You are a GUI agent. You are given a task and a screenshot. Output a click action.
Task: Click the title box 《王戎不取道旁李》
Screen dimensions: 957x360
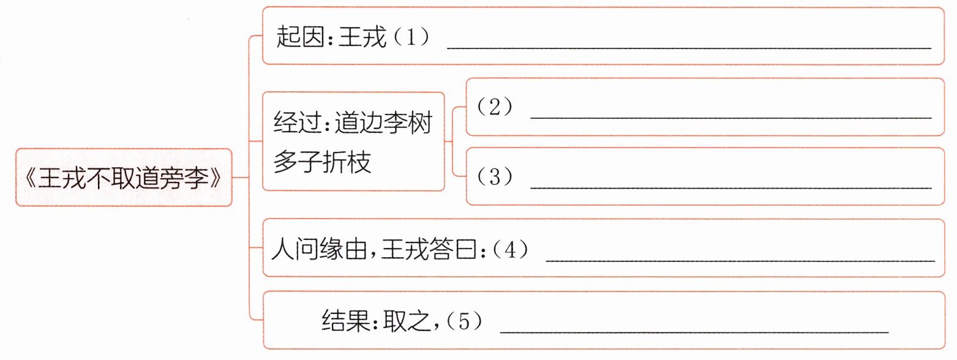124,178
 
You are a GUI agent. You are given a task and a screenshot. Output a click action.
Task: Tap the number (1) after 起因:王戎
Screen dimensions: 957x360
411,37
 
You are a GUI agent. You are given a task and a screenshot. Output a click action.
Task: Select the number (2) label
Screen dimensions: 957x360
494,107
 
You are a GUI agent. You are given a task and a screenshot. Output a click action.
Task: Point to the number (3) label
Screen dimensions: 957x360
494,176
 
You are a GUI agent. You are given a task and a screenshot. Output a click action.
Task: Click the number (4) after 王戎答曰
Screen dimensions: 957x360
510,249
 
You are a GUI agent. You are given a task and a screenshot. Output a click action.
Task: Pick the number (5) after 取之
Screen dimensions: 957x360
464,321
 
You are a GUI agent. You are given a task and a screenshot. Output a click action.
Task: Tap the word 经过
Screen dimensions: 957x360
298,123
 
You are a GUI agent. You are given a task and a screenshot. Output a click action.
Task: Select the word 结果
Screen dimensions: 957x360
345,321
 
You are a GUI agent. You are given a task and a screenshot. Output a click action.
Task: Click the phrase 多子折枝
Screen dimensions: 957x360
322,162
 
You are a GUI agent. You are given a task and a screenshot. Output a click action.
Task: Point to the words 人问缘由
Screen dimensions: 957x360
320,249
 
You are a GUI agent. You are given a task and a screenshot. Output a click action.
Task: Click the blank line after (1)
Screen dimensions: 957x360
689,48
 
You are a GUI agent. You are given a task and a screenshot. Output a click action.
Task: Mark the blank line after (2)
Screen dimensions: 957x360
730,118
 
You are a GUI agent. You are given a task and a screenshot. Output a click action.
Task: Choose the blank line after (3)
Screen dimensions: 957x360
730,187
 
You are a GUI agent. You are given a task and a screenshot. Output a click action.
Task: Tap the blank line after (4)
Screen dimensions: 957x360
740,260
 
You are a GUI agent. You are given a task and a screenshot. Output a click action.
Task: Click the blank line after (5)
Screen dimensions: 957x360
694,331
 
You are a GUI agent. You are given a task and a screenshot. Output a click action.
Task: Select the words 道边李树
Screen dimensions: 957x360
383,123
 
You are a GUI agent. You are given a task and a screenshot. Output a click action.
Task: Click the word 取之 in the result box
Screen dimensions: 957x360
407,321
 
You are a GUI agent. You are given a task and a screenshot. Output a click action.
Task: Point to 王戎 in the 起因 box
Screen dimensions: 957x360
362,36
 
